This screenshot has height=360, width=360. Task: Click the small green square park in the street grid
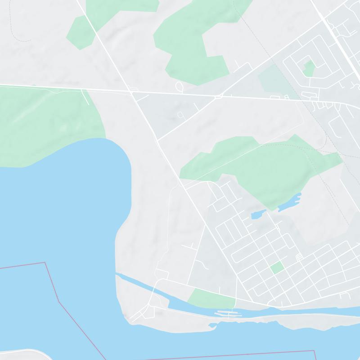click(x=277, y=268)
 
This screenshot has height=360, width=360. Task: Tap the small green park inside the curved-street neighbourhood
click(x=309, y=68)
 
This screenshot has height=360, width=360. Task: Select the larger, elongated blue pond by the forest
click(x=289, y=203)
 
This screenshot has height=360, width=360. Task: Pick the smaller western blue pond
click(x=257, y=215)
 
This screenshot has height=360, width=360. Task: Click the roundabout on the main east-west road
click(x=219, y=96)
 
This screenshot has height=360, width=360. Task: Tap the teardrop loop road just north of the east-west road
click(x=179, y=85)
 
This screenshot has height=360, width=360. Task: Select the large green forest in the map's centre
click(x=261, y=166)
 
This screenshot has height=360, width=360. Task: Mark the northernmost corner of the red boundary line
click(x=44, y=262)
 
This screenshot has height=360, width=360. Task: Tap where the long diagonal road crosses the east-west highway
click(x=134, y=92)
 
